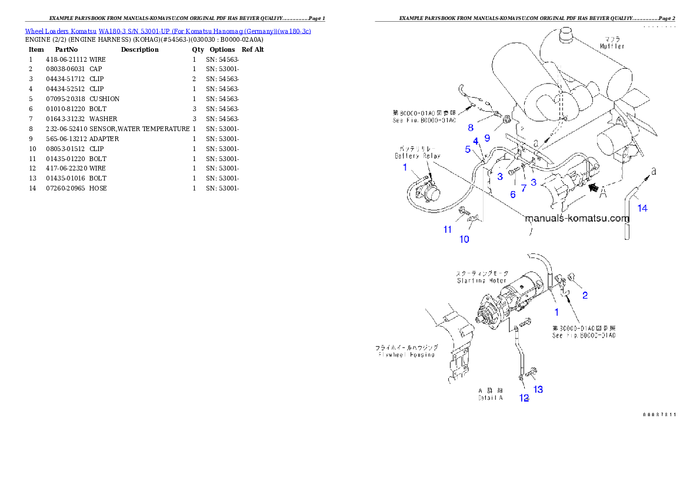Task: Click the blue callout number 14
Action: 643,208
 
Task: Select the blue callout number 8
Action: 471,127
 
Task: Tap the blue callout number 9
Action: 487,138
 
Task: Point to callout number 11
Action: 448,229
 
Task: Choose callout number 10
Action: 464,239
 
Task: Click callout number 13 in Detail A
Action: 538,389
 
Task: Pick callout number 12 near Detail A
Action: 524,398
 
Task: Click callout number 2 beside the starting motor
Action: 585,295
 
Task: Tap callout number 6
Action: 512,194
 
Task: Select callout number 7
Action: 524,188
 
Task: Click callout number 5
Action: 468,149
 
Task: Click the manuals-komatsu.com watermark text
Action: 576,219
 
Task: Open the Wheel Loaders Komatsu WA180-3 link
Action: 168,31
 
